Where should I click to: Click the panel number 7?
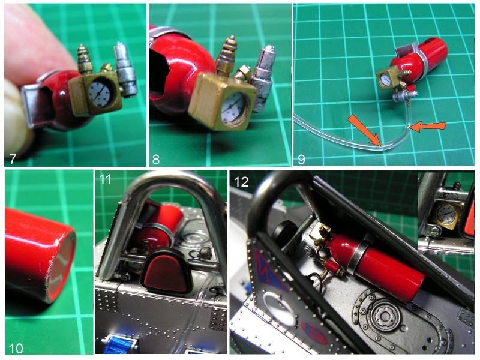[x=13, y=158]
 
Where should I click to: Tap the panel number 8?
[x=156, y=159]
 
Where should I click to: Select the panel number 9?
[x=301, y=159]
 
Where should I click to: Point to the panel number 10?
[x=16, y=349]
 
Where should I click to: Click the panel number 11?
[x=104, y=179]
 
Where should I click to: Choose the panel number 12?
[x=241, y=182]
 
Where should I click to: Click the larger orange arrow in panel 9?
[x=364, y=130]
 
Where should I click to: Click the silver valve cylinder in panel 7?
[x=125, y=69]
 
